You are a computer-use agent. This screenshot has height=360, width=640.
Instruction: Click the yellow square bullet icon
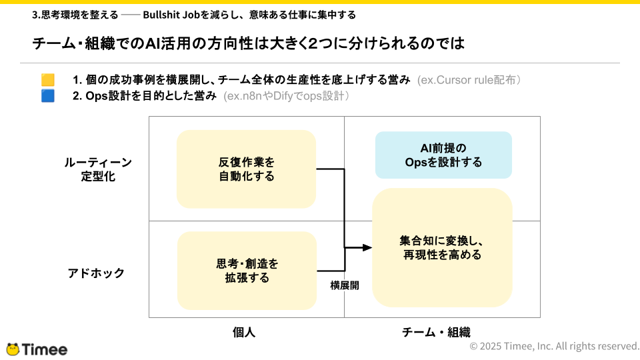48,79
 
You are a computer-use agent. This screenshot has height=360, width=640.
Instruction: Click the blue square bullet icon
48,96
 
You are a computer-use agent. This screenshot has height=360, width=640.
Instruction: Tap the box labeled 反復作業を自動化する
246,169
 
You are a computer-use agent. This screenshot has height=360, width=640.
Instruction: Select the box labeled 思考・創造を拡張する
247,271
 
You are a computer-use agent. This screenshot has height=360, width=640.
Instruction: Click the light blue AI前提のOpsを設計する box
444,155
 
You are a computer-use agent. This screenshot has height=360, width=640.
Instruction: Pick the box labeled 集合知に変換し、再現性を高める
442,248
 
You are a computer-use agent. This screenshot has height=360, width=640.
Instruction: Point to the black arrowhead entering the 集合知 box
367,248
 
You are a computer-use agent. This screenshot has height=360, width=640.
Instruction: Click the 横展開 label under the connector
345,285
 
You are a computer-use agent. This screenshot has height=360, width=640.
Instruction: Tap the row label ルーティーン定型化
98,169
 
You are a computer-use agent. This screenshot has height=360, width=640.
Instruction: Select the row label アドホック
96,273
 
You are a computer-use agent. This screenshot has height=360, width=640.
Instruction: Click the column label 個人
244,332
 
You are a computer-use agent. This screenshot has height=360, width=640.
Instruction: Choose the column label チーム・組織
436,332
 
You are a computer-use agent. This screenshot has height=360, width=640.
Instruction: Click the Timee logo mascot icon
13,349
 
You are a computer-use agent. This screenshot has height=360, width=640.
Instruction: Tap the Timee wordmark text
45,350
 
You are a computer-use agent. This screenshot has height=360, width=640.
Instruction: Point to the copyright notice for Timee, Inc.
555,346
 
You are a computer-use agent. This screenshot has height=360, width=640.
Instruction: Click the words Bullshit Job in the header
171,15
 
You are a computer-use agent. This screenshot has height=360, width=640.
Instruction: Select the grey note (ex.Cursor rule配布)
469,80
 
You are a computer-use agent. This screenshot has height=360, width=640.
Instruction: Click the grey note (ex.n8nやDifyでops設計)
287,96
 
